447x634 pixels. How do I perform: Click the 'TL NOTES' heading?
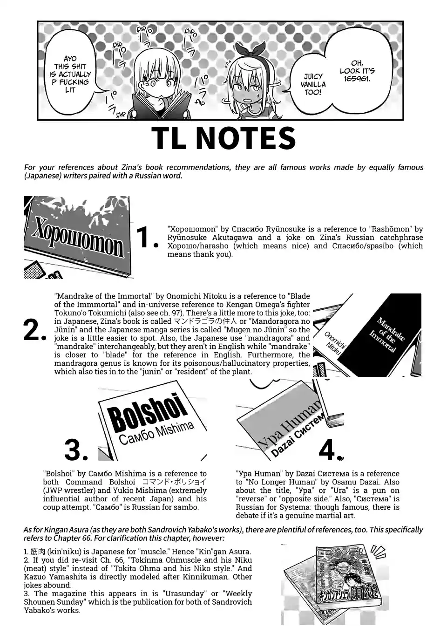(223, 138)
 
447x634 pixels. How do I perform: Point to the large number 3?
(76, 450)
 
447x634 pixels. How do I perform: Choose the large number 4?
(330, 450)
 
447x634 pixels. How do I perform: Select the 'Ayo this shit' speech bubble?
(70, 75)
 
